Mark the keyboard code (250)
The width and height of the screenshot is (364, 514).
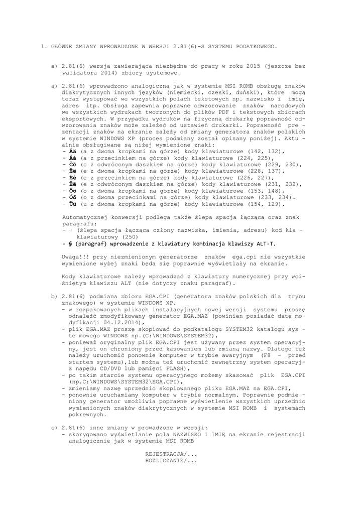[130, 236]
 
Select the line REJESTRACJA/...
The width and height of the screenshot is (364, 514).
[171, 453]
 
